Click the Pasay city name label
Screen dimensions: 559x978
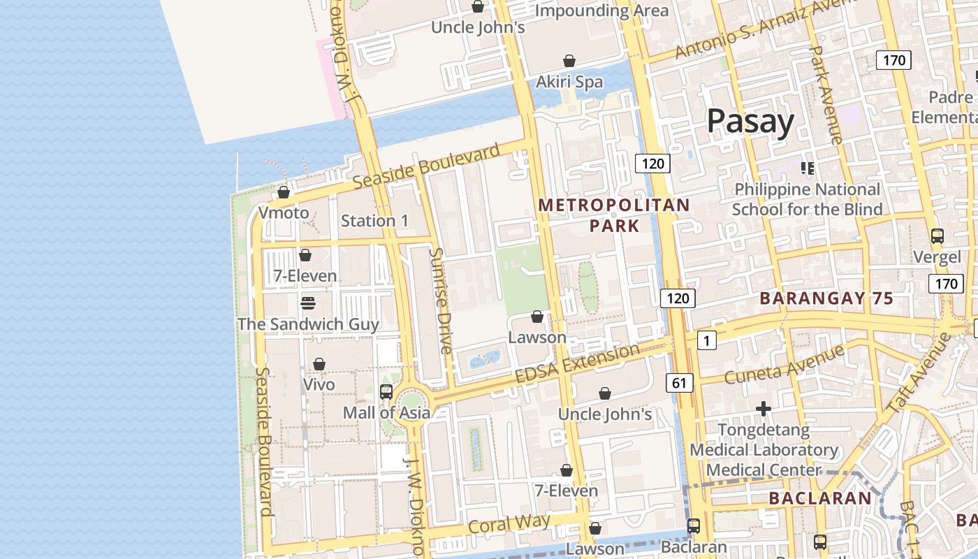750,121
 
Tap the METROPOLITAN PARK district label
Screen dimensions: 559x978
614,215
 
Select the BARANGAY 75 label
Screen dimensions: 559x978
826,298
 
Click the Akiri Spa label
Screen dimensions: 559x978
569,82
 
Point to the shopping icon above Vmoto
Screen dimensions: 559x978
284,192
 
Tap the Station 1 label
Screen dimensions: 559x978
374,221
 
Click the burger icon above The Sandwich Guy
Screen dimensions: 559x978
308,303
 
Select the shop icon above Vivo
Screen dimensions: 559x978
319,364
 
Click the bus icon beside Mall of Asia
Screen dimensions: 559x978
386,392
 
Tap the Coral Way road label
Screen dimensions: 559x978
509,524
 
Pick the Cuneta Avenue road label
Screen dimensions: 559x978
784,365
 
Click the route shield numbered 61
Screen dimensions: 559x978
680,382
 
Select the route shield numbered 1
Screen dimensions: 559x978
707,340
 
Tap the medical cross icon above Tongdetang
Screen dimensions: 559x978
764,408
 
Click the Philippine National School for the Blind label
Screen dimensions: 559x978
807,199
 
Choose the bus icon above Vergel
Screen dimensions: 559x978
937,236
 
